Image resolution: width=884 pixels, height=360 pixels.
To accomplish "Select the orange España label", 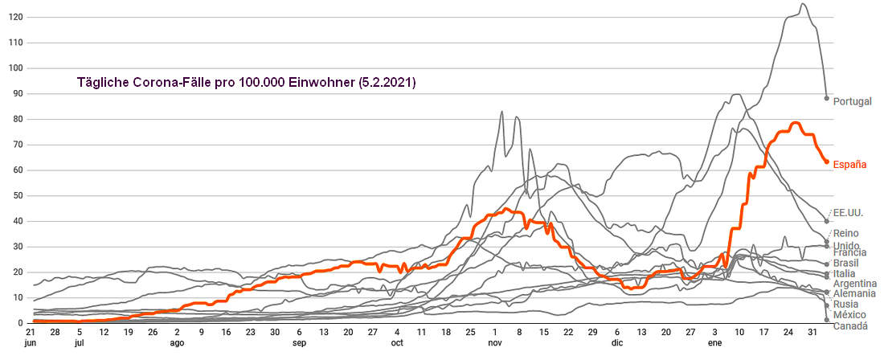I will (849, 165).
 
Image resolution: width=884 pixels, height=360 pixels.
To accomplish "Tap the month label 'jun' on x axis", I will (31, 343).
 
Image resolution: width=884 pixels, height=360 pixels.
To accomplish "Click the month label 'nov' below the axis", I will (494, 343).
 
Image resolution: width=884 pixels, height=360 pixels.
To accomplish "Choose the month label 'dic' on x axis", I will (617, 343).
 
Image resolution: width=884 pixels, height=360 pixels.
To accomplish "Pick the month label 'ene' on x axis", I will (714, 343).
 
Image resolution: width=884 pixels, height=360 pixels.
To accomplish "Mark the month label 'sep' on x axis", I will (299, 343).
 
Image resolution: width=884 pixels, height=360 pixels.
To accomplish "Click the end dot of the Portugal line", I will (826, 98).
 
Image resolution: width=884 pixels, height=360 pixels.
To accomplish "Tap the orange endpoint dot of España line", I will (826, 162).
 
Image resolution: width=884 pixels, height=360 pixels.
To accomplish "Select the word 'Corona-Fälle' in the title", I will (164, 83).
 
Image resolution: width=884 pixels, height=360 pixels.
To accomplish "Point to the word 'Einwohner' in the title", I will (309, 83).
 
